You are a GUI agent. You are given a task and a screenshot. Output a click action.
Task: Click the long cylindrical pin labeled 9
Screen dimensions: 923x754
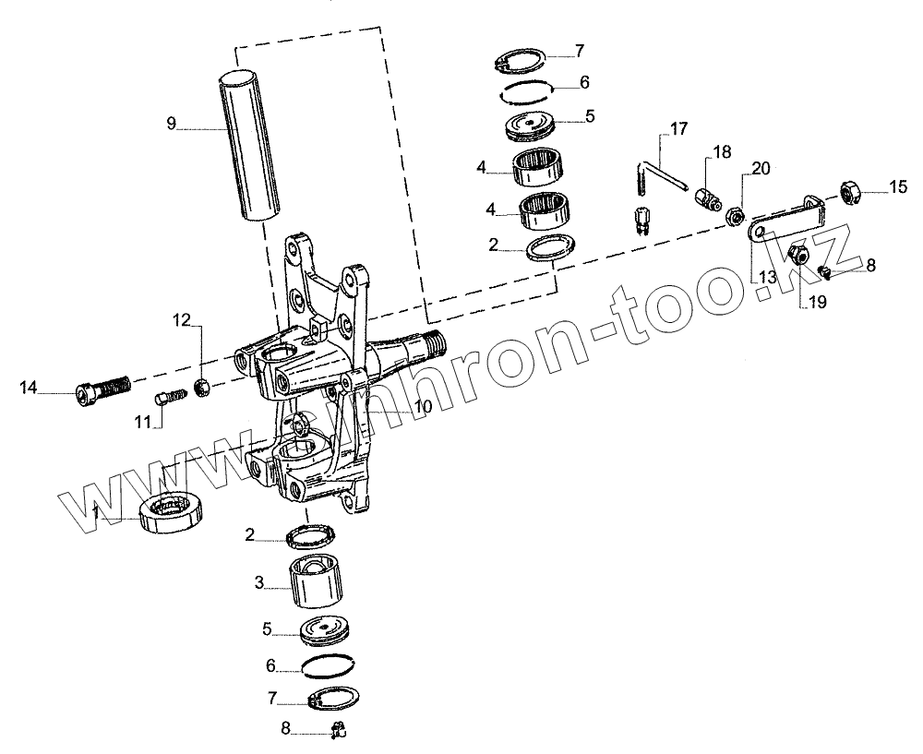[248, 145]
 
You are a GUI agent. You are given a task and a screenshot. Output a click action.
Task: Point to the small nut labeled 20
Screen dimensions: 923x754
[735, 217]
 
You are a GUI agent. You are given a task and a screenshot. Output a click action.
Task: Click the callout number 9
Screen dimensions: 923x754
[171, 124]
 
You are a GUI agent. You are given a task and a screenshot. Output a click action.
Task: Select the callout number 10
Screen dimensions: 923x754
[422, 407]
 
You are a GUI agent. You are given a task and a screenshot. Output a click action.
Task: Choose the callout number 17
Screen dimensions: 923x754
[679, 128]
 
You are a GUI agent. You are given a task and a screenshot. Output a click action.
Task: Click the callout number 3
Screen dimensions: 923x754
[260, 582]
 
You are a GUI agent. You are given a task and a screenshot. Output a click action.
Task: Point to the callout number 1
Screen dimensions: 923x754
[97, 510]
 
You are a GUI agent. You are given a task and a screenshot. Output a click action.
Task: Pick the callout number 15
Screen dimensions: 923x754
[898, 187]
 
